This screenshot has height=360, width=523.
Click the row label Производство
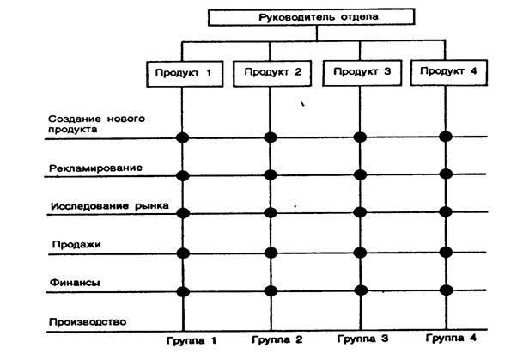pyautogui.click(x=87, y=321)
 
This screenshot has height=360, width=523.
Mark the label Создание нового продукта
pyautogui.click(x=85, y=125)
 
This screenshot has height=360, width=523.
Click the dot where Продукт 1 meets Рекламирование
pyautogui.click(x=182, y=175)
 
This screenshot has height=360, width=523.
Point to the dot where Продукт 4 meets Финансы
pyautogui.click(x=446, y=290)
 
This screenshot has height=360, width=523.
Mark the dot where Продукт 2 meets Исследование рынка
pyautogui.click(x=271, y=212)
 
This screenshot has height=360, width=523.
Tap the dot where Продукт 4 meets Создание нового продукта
pyautogui.click(x=446, y=136)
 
